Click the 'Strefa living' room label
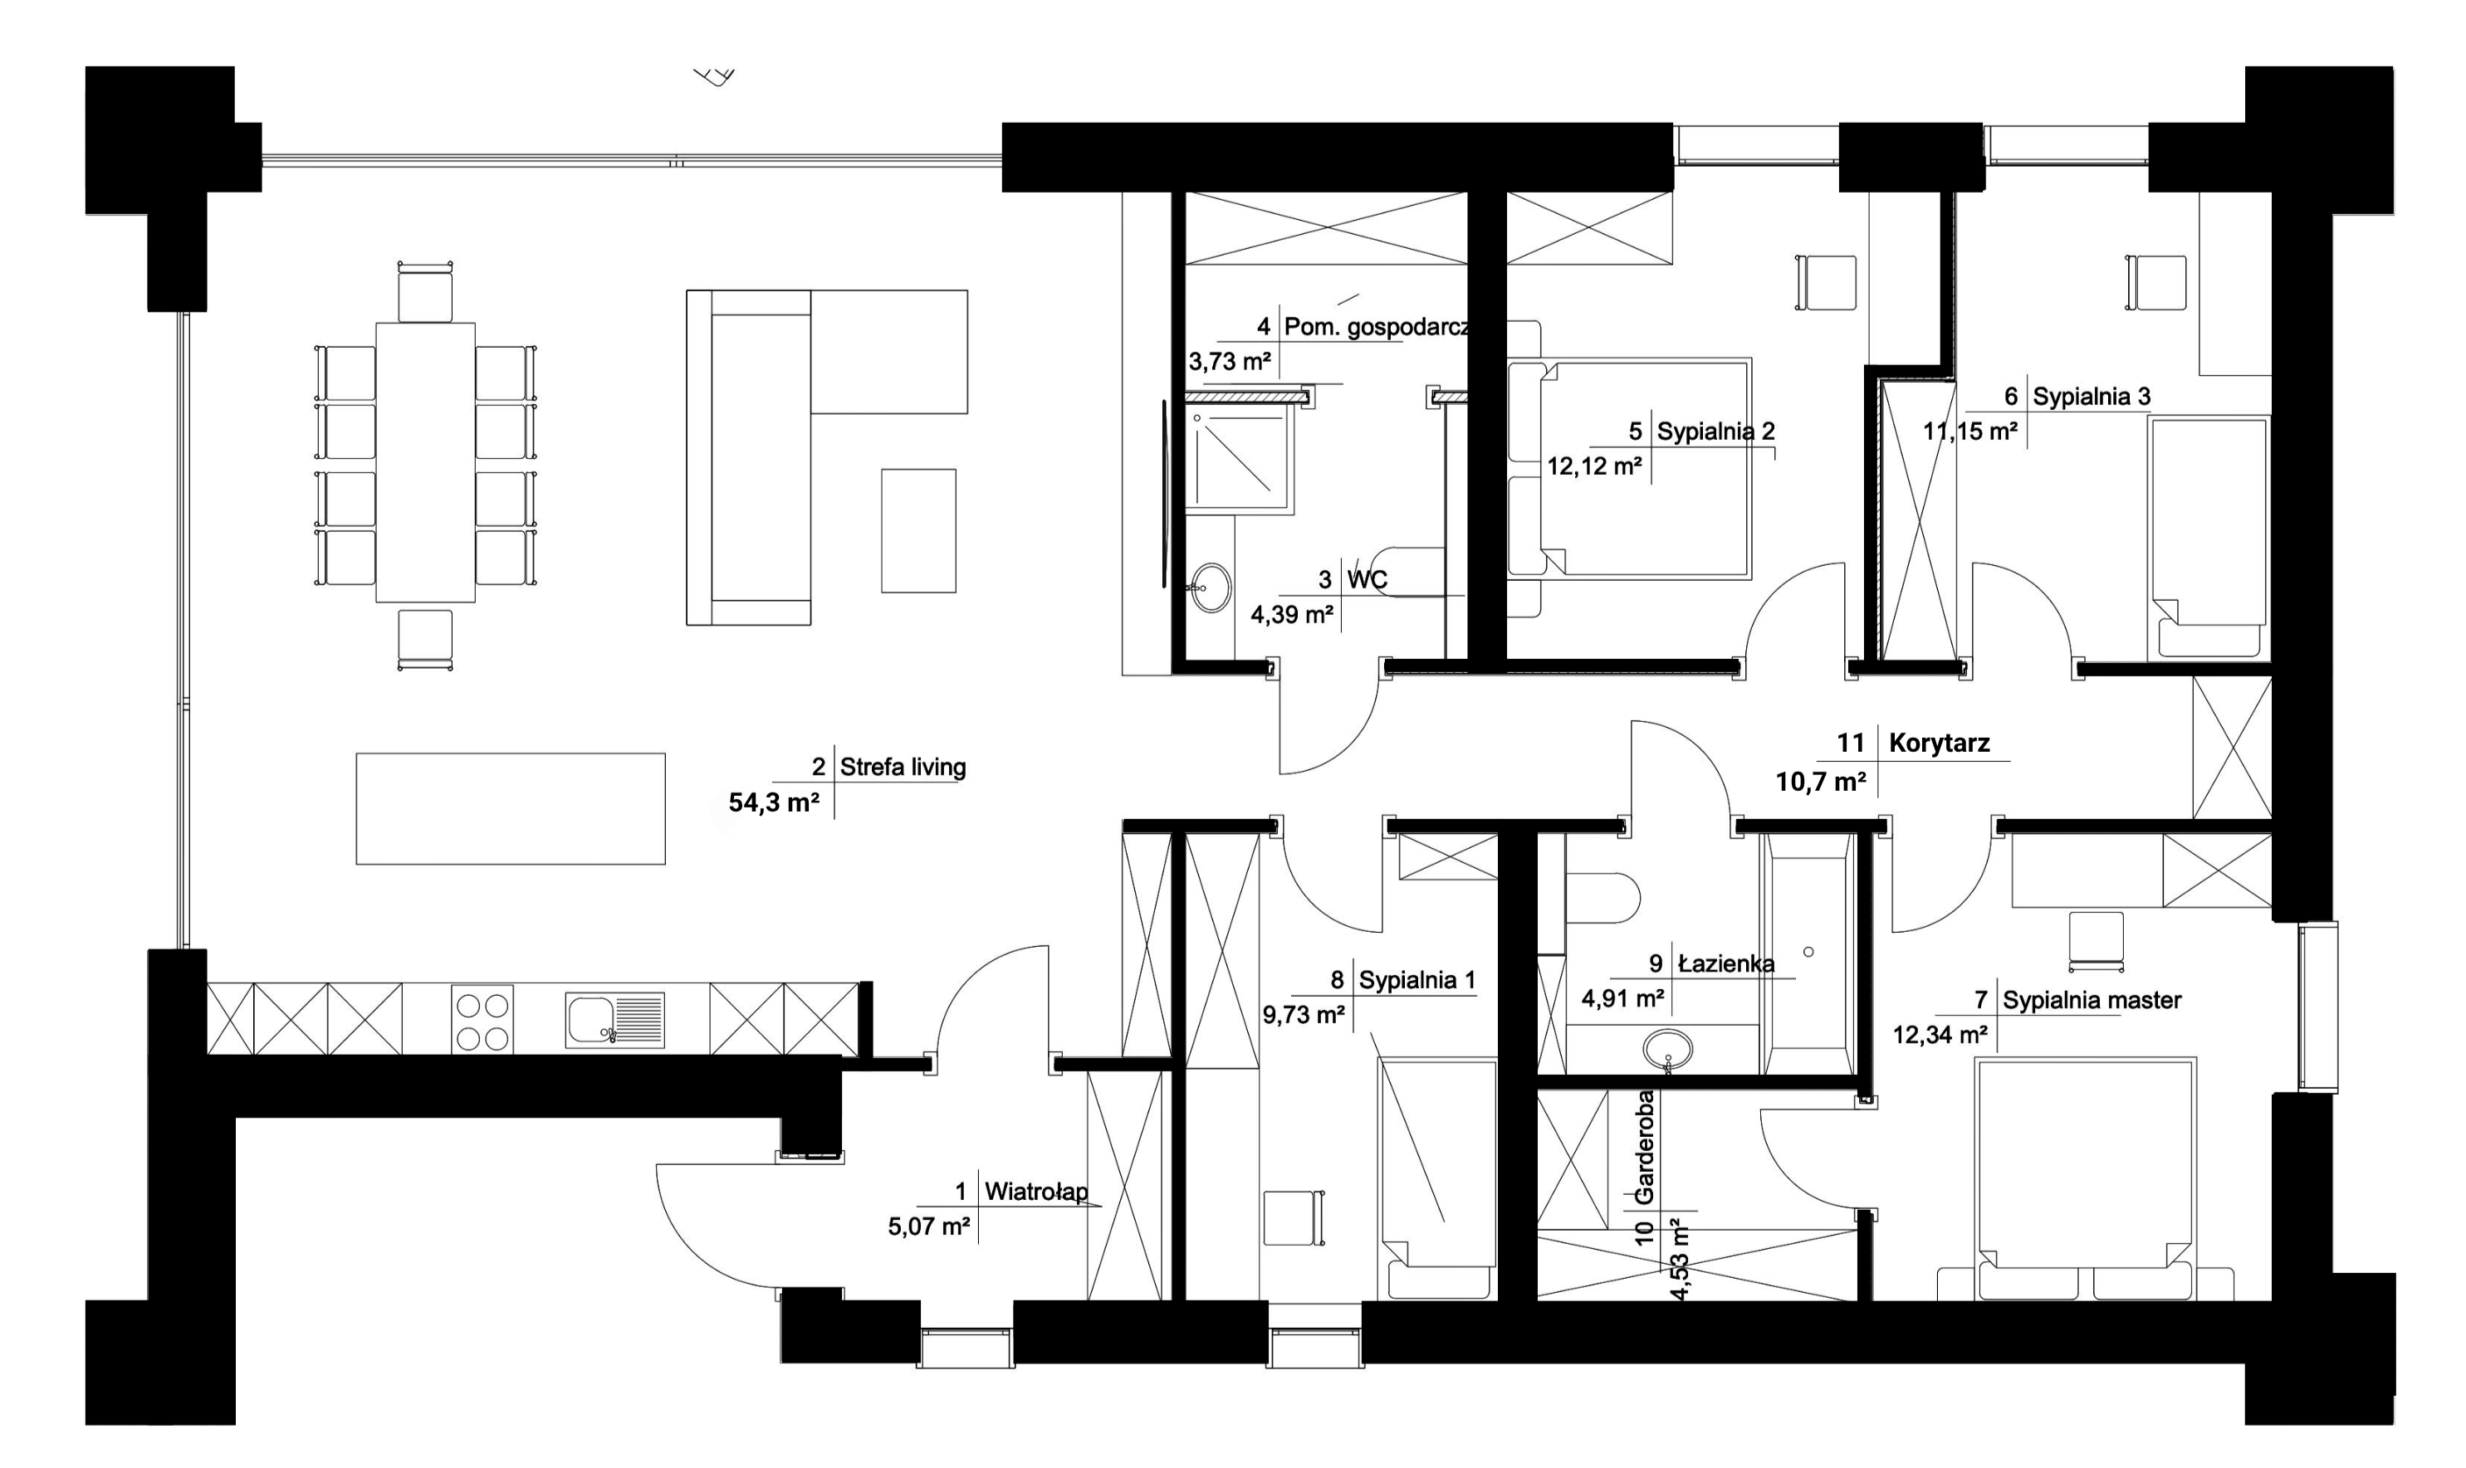coord(903,767)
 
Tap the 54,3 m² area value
coord(774,802)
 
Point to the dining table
coord(425,462)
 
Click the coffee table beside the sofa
coord(918,530)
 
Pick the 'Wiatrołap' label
coord(1036,1191)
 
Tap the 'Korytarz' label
coord(1939,743)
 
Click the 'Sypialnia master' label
coord(2092,1000)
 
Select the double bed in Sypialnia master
coord(2085,1178)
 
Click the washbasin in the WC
coord(1209,588)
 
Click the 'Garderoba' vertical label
coord(1644,1148)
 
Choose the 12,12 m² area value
coord(1594,466)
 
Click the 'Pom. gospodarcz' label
coord(1376,328)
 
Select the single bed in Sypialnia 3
coord(2209,537)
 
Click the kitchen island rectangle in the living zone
coord(511,808)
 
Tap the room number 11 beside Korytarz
coord(1851,743)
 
